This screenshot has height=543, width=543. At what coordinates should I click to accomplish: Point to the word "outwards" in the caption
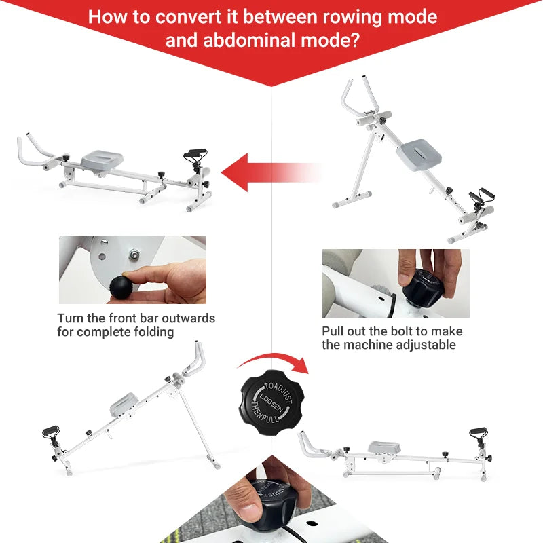[185, 318]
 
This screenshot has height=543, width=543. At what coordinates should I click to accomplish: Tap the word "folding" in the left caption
[153, 332]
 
